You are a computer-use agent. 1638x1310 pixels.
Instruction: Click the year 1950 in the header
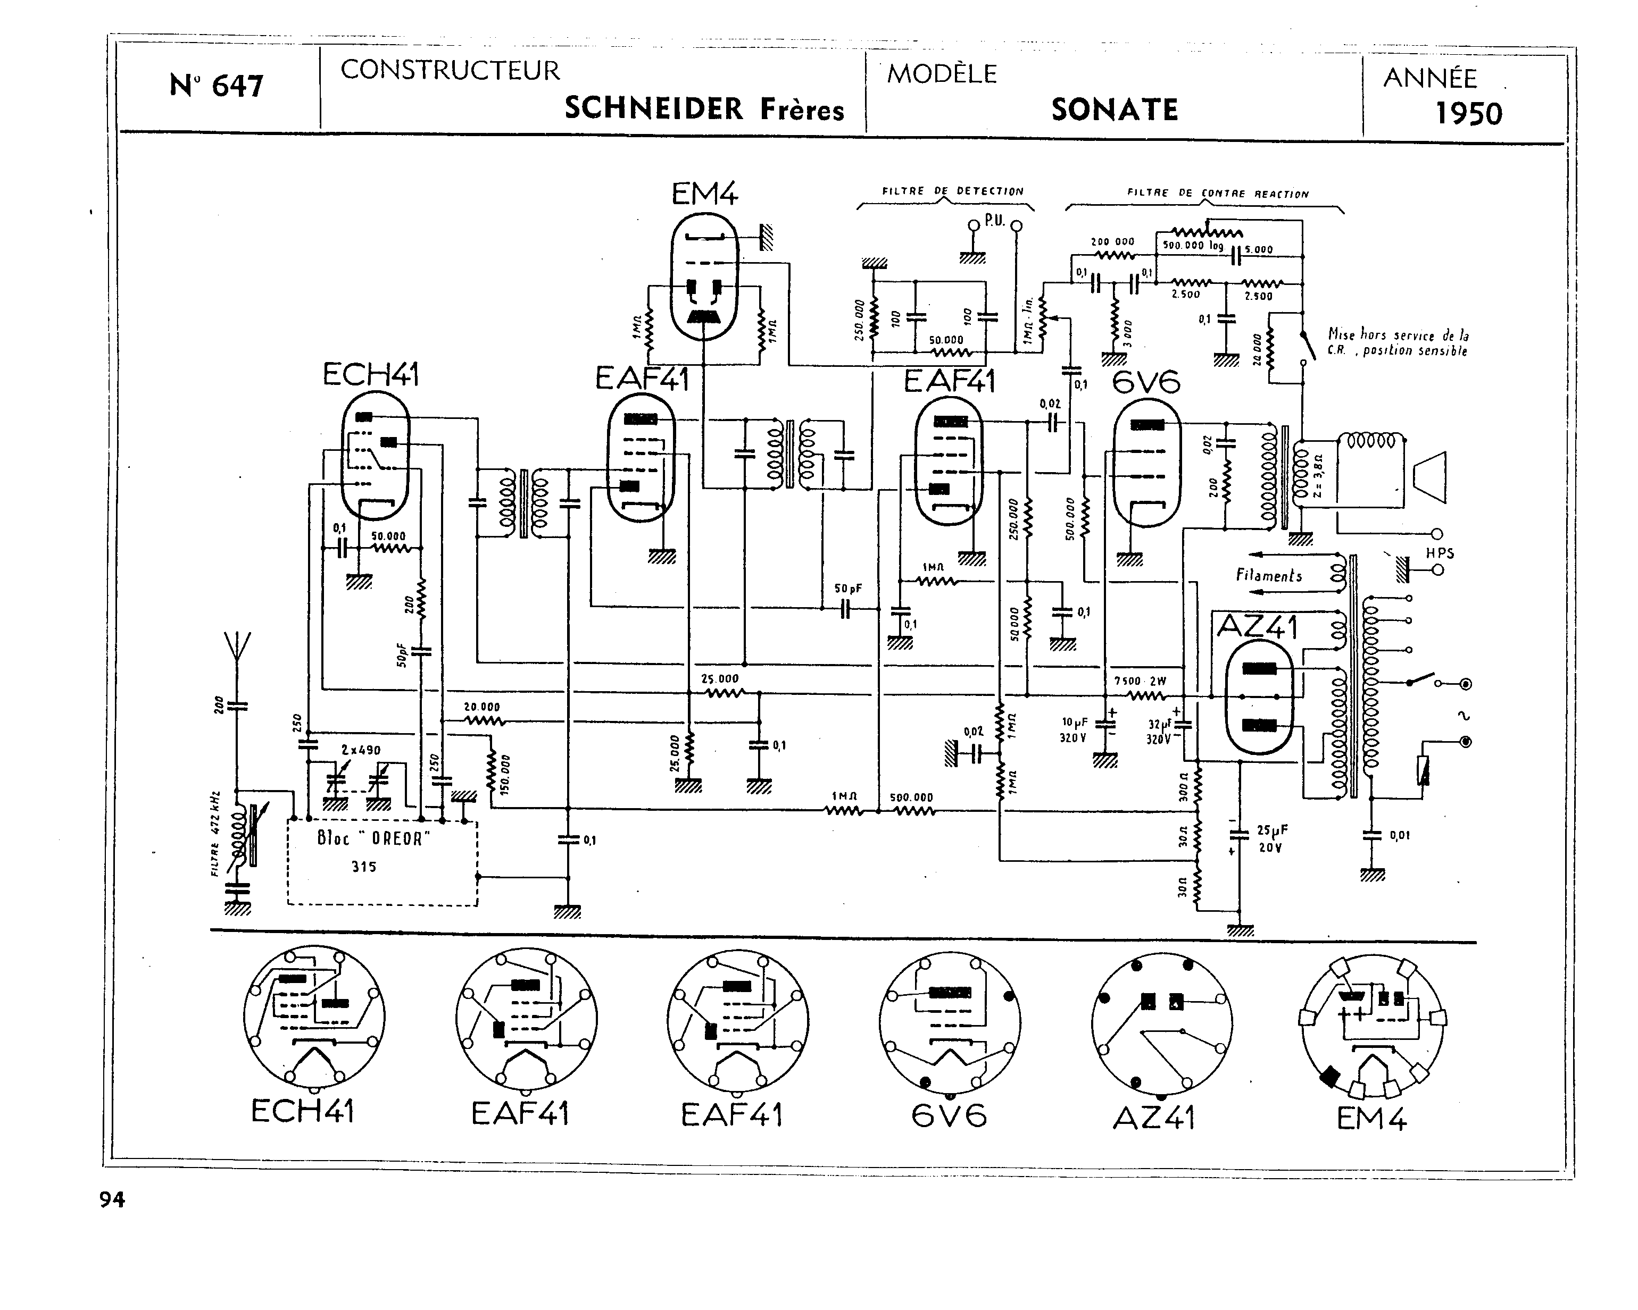pos(1468,114)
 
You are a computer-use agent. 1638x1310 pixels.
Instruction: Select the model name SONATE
pos(1115,110)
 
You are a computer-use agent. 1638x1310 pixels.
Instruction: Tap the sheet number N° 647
pos(216,86)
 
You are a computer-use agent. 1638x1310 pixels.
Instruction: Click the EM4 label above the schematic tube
pos(704,195)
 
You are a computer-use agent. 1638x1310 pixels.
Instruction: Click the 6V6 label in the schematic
pos(1146,382)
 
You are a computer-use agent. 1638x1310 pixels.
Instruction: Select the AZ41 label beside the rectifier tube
pos(1258,626)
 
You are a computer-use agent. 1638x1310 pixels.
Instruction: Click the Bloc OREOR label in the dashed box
pos(373,839)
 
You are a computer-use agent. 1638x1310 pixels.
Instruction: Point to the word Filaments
pos(1269,576)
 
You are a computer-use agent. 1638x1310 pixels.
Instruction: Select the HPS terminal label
pos(1440,553)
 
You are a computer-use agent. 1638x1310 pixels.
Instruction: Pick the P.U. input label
pos(994,221)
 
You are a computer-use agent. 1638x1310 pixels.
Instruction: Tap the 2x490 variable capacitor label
pos(360,750)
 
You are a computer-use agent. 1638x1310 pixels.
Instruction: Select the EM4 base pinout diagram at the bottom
pos(1372,1025)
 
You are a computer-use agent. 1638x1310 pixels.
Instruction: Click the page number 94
pos(112,1200)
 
